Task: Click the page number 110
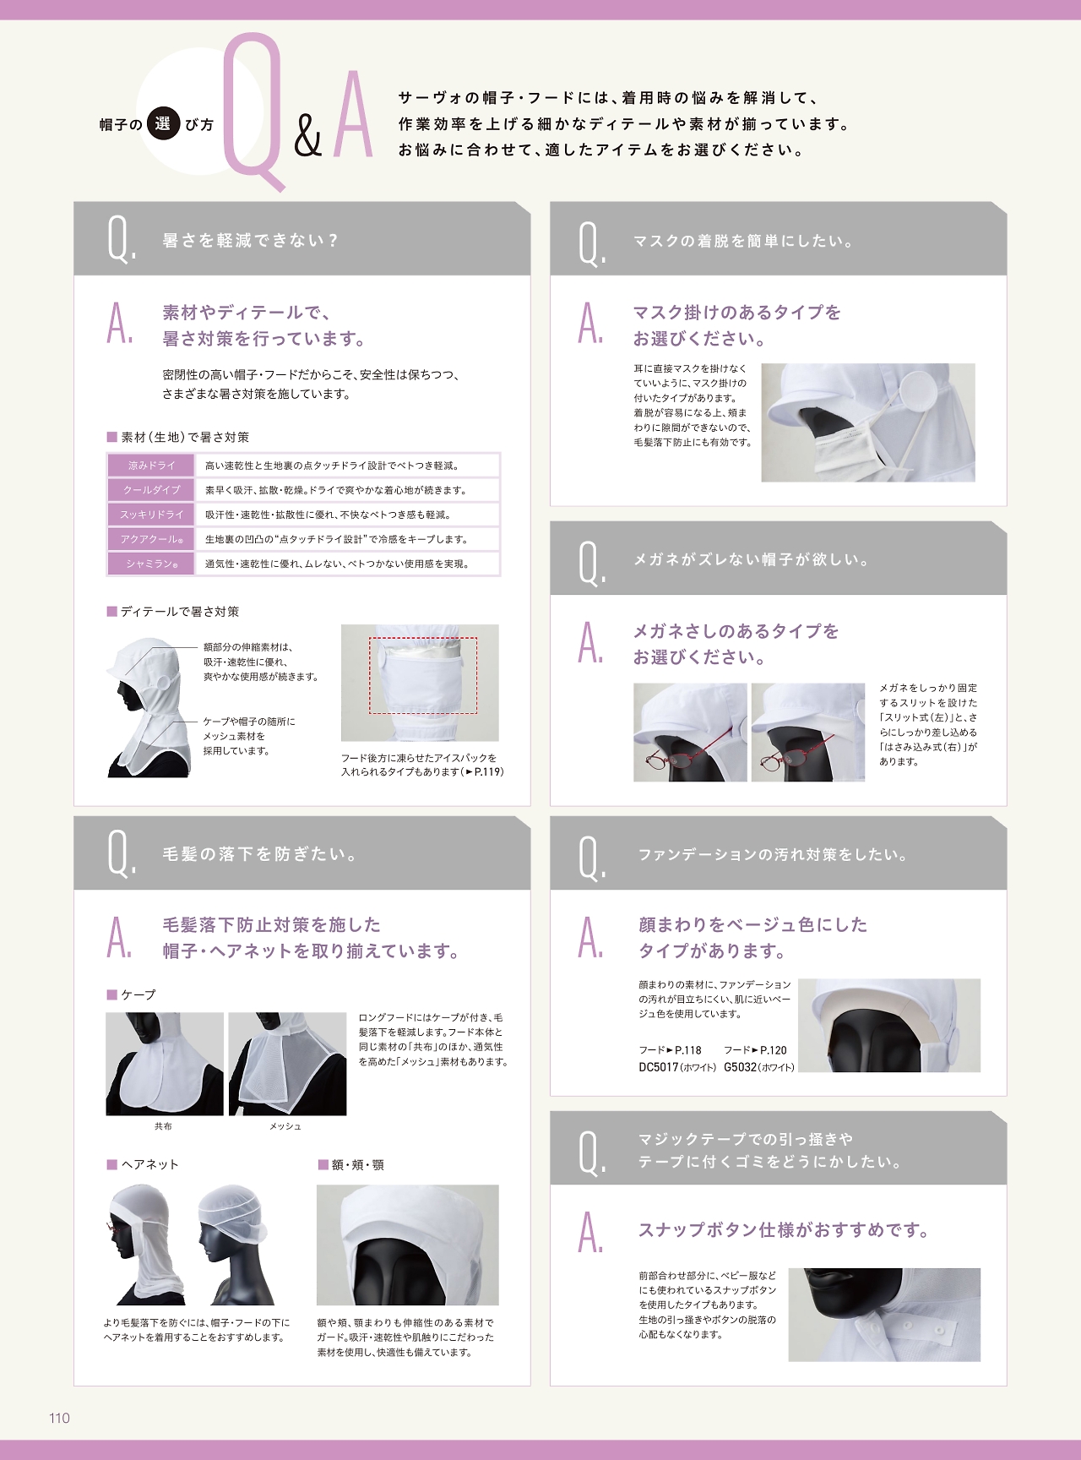click(59, 1418)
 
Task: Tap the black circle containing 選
click(163, 123)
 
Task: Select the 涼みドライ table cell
click(151, 466)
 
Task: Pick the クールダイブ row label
click(151, 490)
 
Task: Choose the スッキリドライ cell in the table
click(151, 515)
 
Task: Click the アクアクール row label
click(151, 539)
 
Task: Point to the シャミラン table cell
click(151, 564)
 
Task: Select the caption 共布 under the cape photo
click(163, 1126)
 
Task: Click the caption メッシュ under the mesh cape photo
click(285, 1126)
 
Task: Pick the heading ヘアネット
click(149, 1164)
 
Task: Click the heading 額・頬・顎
click(358, 1164)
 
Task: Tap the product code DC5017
click(659, 1067)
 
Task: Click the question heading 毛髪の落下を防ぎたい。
click(260, 854)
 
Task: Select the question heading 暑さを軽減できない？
click(250, 241)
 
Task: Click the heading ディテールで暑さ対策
click(180, 612)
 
